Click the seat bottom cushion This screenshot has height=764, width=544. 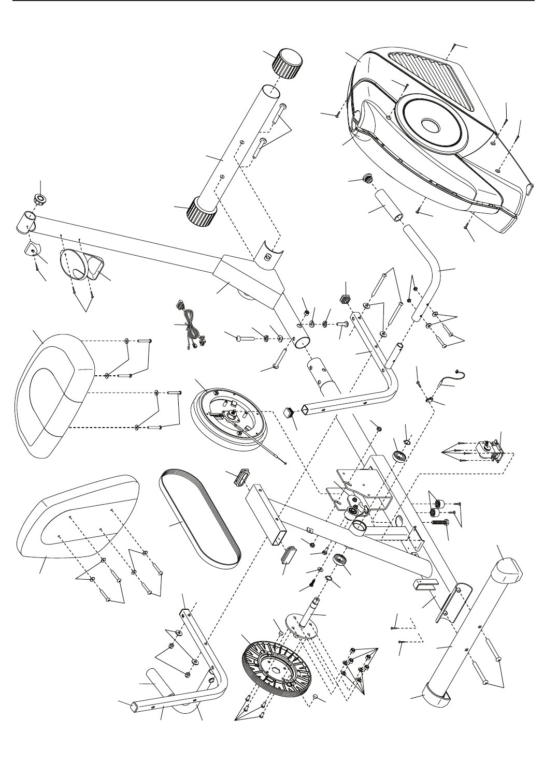coord(78,518)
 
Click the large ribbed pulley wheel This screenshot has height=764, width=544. coord(275,668)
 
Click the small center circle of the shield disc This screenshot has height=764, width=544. coord(430,126)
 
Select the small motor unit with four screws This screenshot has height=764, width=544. coord(490,448)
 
